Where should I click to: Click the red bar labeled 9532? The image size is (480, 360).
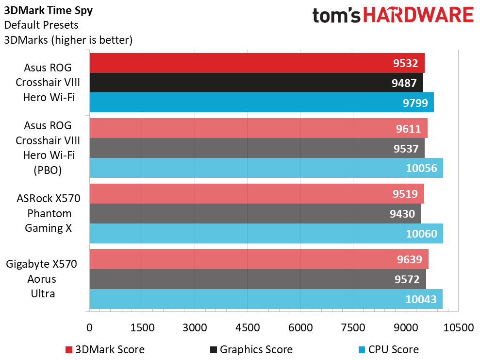[x=257, y=63]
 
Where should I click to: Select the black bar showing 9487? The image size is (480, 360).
[x=256, y=83]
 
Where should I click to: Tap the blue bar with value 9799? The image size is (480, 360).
[x=262, y=103]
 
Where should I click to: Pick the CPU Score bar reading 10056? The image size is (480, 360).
[x=266, y=168]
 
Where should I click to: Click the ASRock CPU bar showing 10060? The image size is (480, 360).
[x=266, y=234]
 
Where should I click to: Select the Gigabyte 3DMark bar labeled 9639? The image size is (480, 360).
[x=259, y=259]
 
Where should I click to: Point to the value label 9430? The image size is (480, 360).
[x=402, y=214]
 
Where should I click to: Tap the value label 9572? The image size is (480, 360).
[x=407, y=279]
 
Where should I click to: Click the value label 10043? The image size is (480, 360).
[x=421, y=299]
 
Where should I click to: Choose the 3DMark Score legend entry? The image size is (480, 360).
[x=105, y=350]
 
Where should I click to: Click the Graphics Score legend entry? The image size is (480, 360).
[x=251, y=350]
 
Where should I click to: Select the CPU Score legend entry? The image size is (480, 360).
[x=388, y=350]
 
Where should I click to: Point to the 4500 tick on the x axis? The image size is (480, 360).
[x=248, y=327]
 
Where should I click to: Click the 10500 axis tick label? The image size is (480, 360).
[x=459, y=327]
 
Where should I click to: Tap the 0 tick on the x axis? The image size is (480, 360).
[x=89, y=327]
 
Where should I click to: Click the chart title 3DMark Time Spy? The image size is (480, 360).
[x=49, y=11]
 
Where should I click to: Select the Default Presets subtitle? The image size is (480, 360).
[x=41, y=25]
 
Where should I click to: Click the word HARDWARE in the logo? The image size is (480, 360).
[x=418, y=15]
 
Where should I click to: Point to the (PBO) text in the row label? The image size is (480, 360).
[x=48, y=170]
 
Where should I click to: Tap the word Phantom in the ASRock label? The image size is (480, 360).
[x=50, y=213]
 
